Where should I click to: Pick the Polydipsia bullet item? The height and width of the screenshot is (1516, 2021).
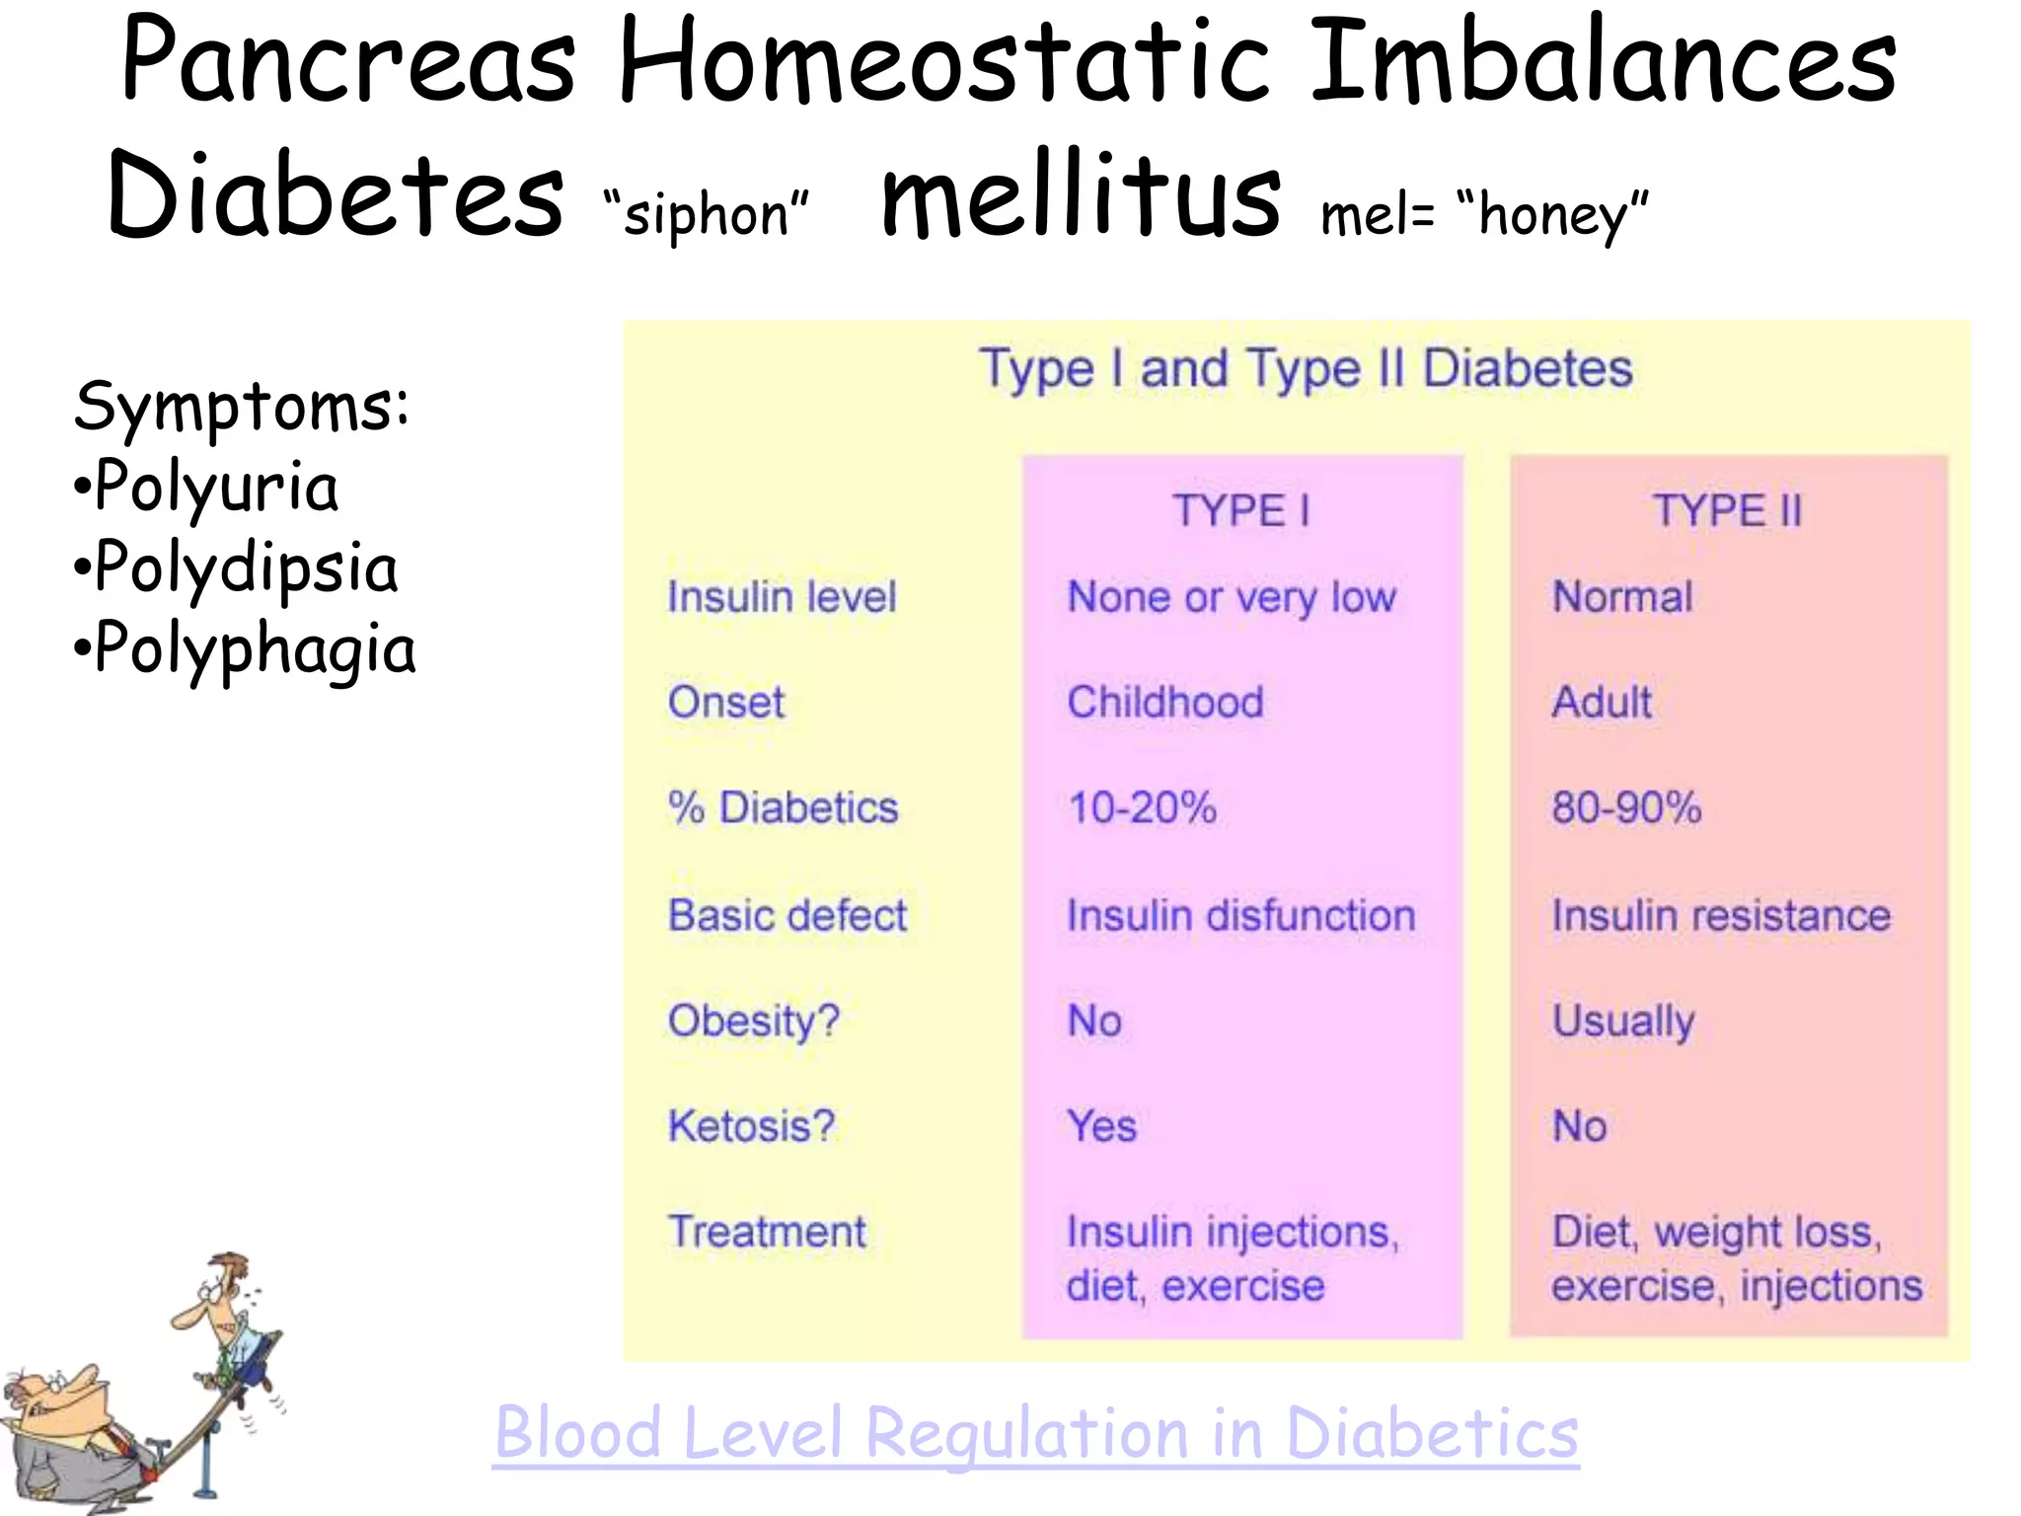point(237,568)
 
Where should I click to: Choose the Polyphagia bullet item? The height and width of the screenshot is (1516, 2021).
point(246,649)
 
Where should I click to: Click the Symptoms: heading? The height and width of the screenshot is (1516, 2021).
point(242,406)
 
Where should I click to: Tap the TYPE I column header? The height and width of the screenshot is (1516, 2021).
point(1240,511)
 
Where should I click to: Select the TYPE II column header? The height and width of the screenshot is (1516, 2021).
point(1727,511)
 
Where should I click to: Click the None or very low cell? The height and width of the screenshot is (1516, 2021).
point(1232,597)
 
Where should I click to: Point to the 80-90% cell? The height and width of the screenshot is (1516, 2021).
point(1626,807)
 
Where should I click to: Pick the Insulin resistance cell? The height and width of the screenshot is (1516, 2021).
point(1721,915)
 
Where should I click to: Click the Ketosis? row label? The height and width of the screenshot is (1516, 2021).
point(751,1126)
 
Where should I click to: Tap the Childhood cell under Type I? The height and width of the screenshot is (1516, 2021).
point(1165,703)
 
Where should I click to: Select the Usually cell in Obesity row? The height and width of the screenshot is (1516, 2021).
point(1623,1021)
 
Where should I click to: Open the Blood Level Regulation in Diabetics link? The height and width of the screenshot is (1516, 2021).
point(1036,1433)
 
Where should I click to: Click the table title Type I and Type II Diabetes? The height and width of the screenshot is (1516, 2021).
point(1306,369)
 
